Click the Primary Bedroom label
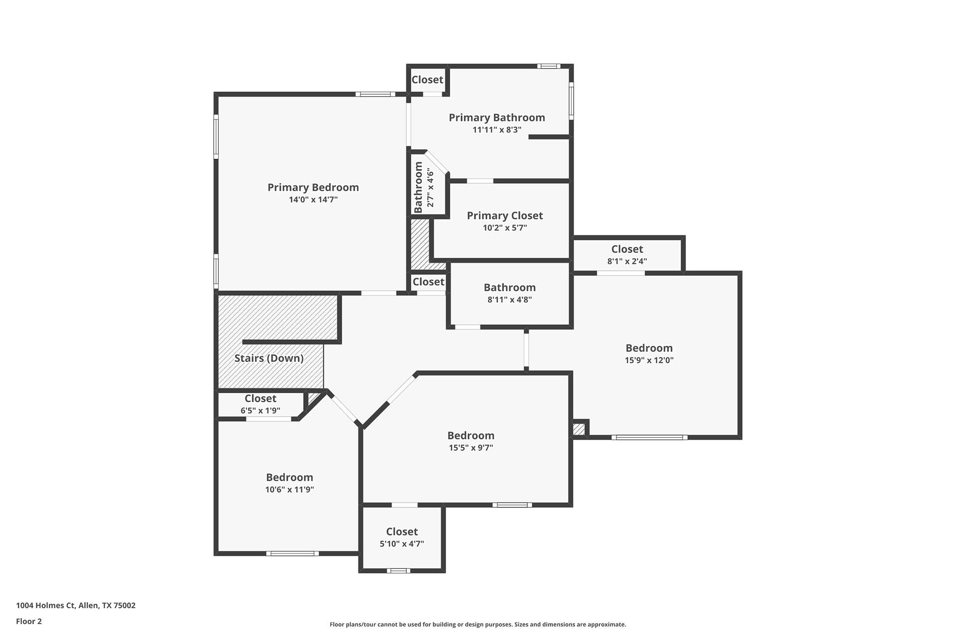(x=313, y=188)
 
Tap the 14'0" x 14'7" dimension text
(x=313, y=200)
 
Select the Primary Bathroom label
(x=497, y=118)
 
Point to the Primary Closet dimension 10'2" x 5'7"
(x=505, y=228)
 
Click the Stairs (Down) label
(x=269, y=358)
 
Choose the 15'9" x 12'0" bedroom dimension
(x=649, y=360)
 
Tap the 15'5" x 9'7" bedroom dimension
(x=471, y=447)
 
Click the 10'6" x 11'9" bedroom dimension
(x=289, y=490)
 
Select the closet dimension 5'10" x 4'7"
(x=402, y=544)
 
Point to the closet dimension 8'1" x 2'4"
(x=627, y=261)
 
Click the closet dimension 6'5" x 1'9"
(x=260, y=411)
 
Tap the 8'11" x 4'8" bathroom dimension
(x=510, y=300)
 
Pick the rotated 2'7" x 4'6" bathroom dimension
(x=431, y=188)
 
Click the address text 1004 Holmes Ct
(x=45, y=606)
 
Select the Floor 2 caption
(x=29, y=621)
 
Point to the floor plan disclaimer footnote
(x=478, y=625)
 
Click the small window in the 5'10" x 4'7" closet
(x=398, y=571)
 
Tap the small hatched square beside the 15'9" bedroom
(x=579, y=429)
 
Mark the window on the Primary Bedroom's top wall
(x=375, y=94)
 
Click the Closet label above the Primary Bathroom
(x=427, y=80)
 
